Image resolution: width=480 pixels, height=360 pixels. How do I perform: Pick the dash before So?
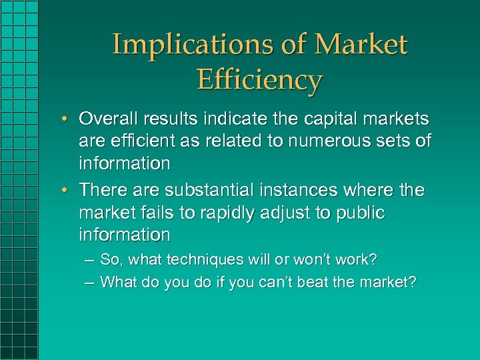click(x=89, y=260)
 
